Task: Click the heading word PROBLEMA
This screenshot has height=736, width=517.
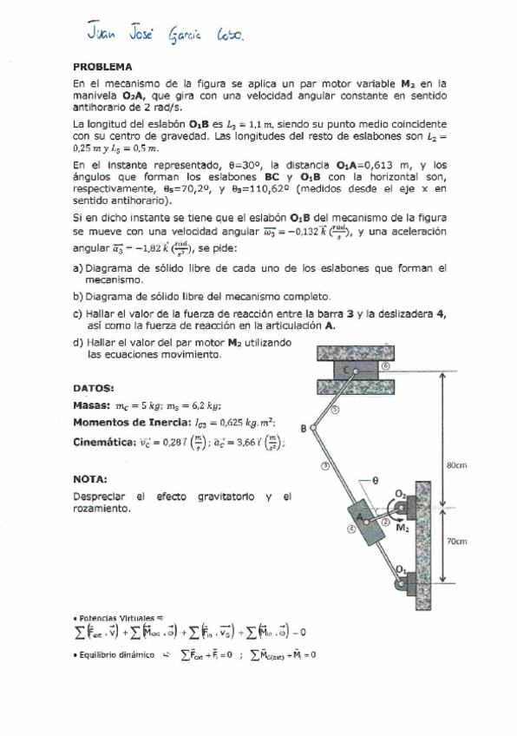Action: pos(102,66)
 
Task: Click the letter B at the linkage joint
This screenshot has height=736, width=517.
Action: pos(304,428)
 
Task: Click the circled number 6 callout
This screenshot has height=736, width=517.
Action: pos(384,366)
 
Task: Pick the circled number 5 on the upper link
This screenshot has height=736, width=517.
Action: pos(336,410)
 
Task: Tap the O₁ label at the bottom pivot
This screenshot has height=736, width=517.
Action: pos(400,568)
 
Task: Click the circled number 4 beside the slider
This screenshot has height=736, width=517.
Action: pos(351,527)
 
